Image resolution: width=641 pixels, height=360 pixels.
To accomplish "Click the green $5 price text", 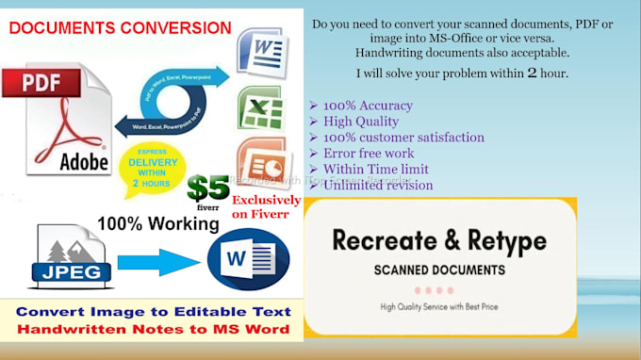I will point(209,186).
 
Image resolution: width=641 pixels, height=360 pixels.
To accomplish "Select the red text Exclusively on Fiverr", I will point(268,207).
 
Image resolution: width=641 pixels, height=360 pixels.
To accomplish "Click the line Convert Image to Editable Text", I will point(152,311).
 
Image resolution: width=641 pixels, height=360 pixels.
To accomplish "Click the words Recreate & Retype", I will point(438,240).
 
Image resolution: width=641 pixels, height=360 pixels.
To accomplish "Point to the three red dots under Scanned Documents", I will point(439,289).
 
